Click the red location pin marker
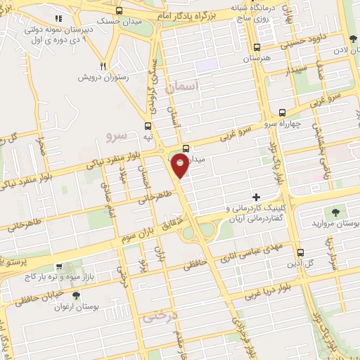point(181,166)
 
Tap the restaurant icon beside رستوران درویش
point(103,65)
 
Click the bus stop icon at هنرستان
point(256,49)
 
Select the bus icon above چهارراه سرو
point(283,112)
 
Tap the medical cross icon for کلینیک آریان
point(257,196)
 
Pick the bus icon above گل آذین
point(300,253)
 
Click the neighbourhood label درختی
point(158,317)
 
